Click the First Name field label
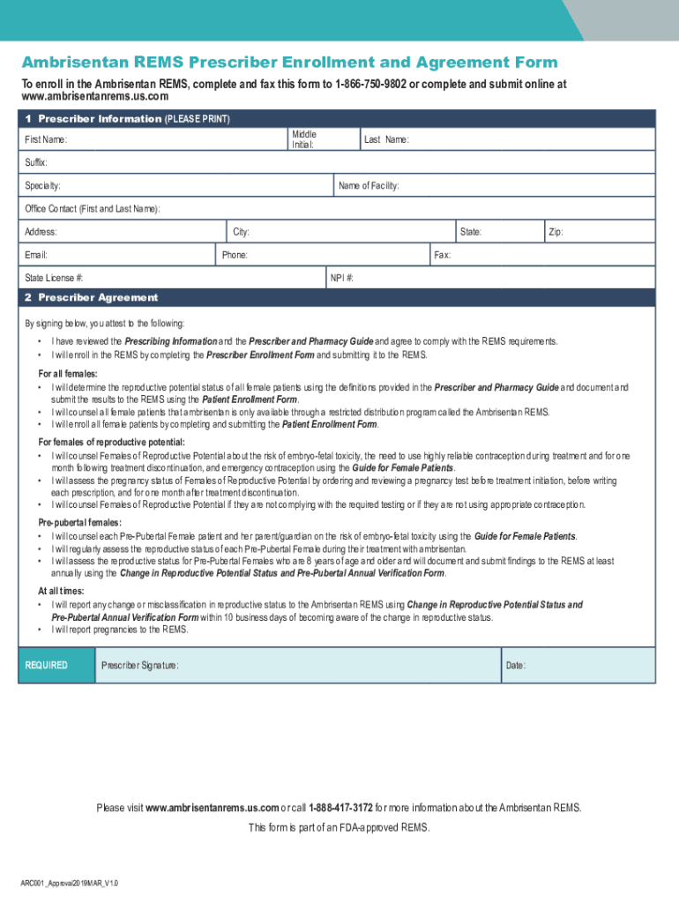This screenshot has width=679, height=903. click(x=46, y=140)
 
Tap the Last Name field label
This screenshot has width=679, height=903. click(x=386, y=140)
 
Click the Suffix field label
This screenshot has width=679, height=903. click(x=36, y=163)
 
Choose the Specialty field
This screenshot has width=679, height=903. click(x=176, y=186)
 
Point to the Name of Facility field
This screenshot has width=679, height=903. click(x=494, y=186)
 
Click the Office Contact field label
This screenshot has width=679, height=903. click(x=93, y=209)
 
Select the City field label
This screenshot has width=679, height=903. click(x=241, y=232)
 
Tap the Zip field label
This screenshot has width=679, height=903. click(x=556, y=232)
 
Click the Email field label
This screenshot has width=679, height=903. click(x=36, y=255)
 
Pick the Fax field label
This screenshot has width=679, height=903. click(x=442, y=255)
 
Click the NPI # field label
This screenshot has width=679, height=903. click(x=342, y=278)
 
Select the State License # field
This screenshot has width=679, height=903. click(x=176, y=278)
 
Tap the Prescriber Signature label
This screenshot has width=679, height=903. click(x=139, y=665)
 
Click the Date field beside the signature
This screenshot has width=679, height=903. click(x=578, y=665)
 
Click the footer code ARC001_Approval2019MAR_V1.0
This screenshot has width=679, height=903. click(x=70, y=883)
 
